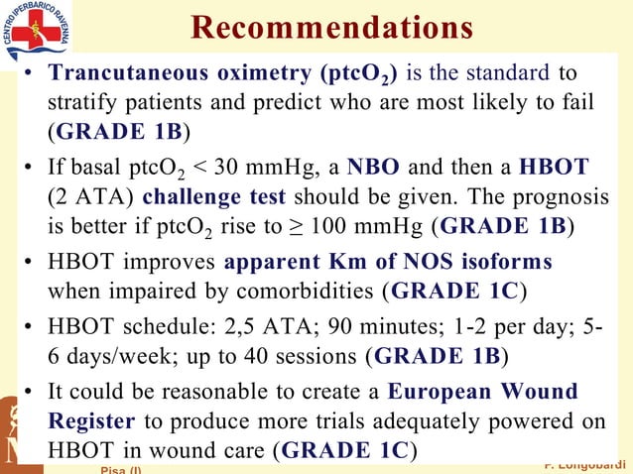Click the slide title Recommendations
331,29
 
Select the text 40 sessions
303,355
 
